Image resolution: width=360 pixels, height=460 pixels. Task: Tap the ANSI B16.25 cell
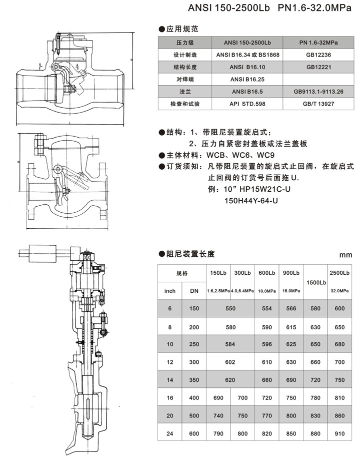pos(247,80)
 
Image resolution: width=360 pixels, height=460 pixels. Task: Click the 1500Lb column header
pos(315,283)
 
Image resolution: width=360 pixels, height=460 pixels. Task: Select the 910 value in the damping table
pos(340,433)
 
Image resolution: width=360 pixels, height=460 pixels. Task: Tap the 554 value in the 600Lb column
pos(266,309)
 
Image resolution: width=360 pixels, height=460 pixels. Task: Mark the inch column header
pos(170,291)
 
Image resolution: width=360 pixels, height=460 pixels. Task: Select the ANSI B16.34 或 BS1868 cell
pos(247,55)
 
